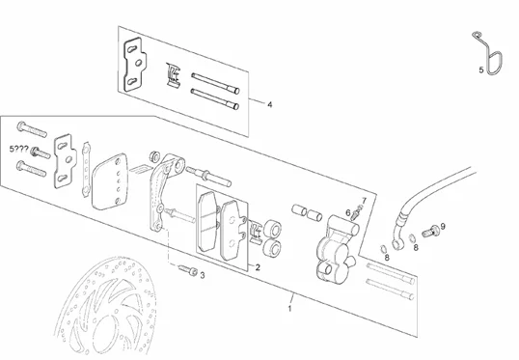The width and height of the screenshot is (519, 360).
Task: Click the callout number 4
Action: coord(270,104)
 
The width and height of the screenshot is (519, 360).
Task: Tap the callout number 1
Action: coord(290,309)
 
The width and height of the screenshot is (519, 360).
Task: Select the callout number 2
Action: coord(258,267)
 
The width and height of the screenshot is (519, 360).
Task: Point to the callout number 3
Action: coord(203,275)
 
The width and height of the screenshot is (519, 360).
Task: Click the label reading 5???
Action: coord(19,150)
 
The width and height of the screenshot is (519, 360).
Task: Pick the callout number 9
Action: coord(443,226)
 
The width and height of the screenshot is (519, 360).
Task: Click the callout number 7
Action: coord(364,201)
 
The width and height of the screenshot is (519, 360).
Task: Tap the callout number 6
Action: coord(348,212)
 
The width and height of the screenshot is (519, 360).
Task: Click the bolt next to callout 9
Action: coord(430,232)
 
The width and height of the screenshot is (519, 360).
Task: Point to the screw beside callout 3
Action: coord(188,270)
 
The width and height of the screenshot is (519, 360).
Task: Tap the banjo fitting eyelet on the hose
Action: coord(397,244)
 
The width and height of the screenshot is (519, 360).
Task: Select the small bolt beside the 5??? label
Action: coord(41,153)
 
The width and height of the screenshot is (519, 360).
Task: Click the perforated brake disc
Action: coord(105,308)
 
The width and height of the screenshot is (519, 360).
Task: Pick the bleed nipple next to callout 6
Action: coord(356,213)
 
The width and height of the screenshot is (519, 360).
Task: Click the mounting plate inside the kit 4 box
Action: coord(135,64)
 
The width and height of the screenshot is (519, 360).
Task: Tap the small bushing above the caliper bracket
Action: coord(154,156)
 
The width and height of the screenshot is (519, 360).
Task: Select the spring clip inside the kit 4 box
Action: coord(173,75)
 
